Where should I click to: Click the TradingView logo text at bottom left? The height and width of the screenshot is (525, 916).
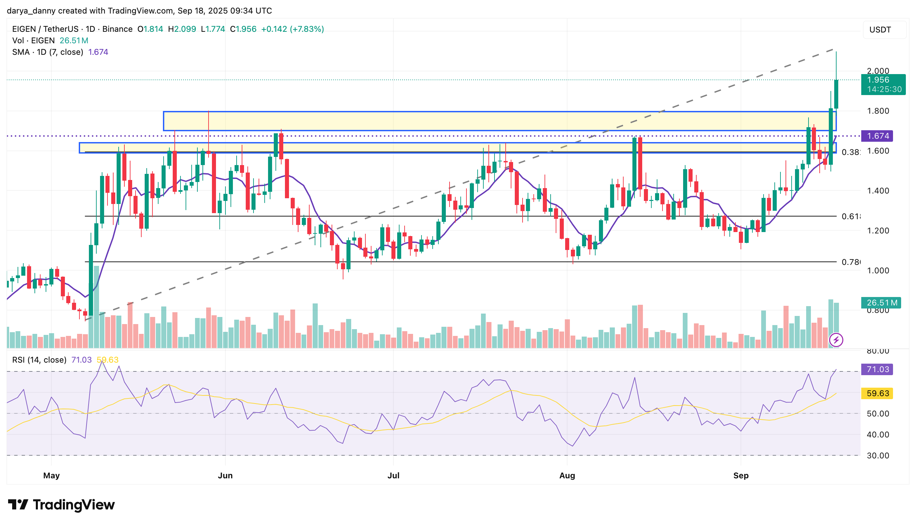[61, 505]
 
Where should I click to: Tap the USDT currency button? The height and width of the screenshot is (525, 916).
[880, 29]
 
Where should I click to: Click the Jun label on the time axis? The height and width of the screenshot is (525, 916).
[225, 476]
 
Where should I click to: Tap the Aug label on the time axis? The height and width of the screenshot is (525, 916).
[567, 476]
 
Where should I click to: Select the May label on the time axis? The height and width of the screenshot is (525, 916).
[51, 476]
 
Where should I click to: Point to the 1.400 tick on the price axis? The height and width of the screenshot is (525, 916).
[878, 191]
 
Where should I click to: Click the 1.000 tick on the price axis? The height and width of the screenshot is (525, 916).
[878, 270]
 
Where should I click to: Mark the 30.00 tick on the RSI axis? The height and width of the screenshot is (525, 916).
[878, 455]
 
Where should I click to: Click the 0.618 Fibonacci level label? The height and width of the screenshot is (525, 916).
[850, 216]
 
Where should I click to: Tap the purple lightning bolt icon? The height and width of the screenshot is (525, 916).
[836, 340]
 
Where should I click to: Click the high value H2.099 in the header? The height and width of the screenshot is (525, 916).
[182, 29]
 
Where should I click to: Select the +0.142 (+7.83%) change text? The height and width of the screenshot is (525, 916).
[292, 29]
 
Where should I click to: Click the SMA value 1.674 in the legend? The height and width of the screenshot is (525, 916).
[98, 52]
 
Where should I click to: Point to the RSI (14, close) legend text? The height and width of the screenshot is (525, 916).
[39, 360]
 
